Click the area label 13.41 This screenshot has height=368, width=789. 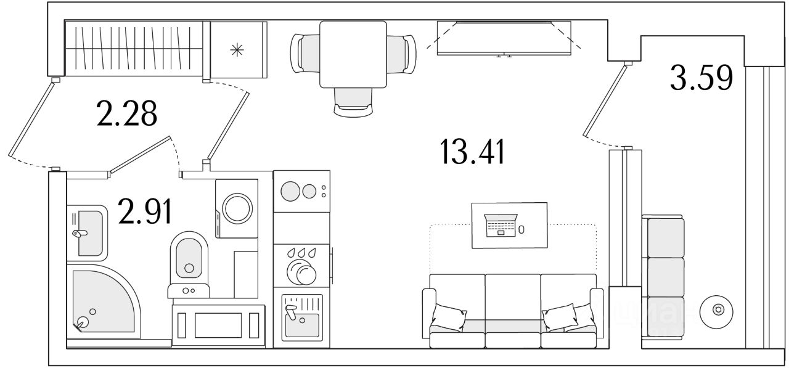[x=472, y=152]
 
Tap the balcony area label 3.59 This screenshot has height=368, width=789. [x=701, y=78]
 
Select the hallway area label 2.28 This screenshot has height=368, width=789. [x=126, y=113]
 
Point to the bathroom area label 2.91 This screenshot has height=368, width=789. [x=145, y=211]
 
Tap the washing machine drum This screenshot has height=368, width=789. [x=237, y=208]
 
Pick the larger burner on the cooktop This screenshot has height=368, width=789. [x=290, y=191]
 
